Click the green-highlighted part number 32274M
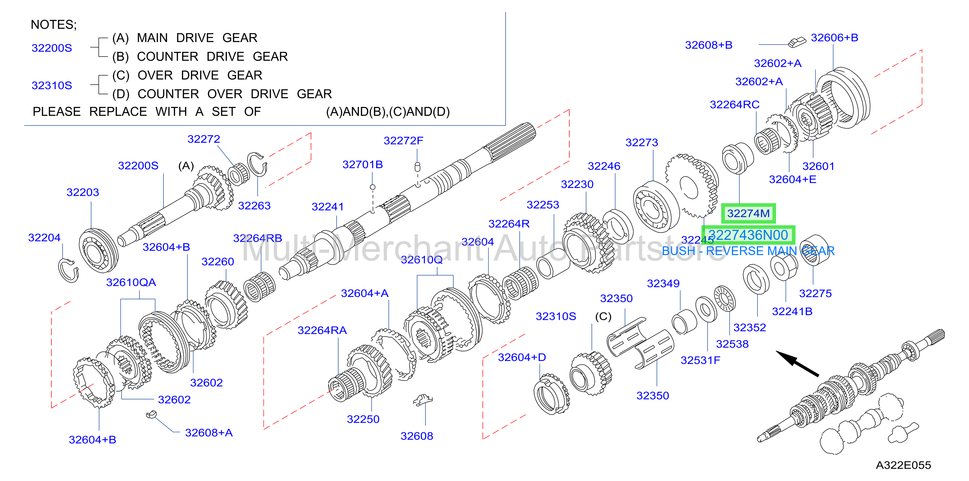[748, 214]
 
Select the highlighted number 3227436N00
[748, 235]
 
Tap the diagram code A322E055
[903, 465]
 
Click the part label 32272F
[403, 141]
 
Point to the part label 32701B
[363, 164]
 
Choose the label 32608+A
[209, 433]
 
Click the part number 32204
[44, 238]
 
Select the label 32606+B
[834, 38]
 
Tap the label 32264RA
[322, 330]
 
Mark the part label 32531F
[700, 360]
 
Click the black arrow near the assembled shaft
[797, 363]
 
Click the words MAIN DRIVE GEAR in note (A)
[197, 38]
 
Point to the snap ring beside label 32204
[68, 270]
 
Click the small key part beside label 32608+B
[797, 42]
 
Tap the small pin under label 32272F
[417, 167]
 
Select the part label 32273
[642, 143]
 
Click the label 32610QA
[131, 282]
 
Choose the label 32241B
[792, 311]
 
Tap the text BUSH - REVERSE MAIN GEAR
[748, 251]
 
